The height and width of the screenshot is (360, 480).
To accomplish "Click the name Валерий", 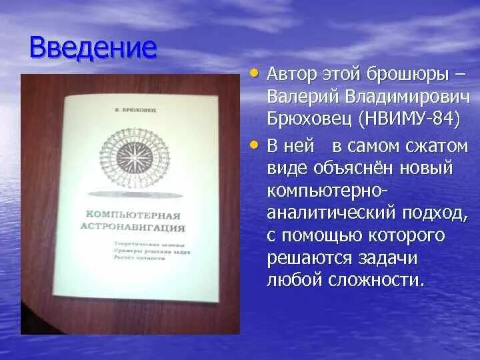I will (x=303, y=96).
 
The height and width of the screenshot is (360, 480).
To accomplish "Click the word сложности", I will (x=375, y=280).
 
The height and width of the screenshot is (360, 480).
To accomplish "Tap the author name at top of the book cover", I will (x=133, y=107).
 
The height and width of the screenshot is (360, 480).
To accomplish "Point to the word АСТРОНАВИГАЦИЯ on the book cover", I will (x=139, y=227).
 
